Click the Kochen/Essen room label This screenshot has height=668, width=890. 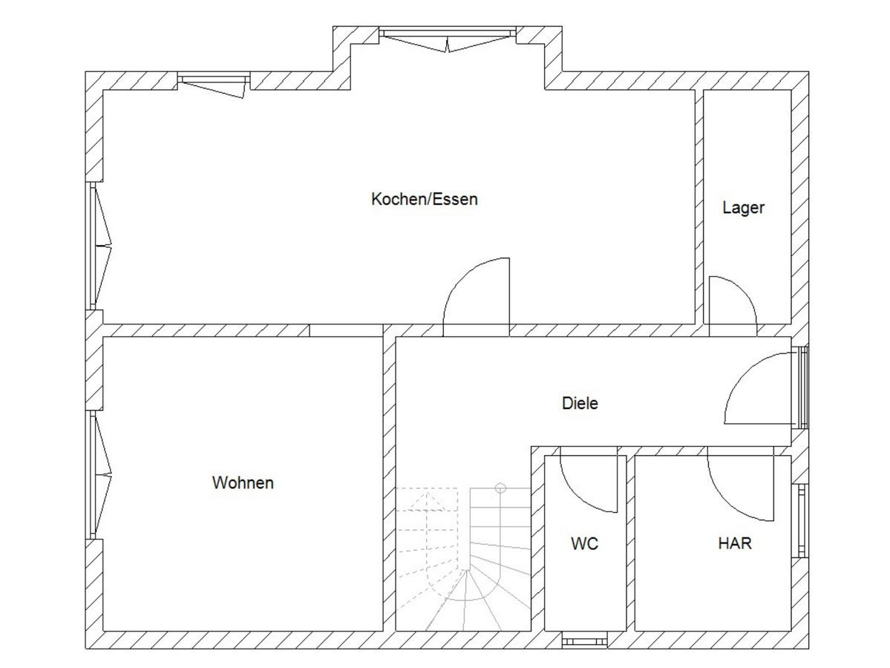[424, 199]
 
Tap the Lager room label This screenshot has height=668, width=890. [743, 208]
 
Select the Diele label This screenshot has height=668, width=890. [580, 403]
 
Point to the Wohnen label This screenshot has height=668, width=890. [243, 482]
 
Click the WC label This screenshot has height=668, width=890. [584, 544]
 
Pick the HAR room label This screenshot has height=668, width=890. [734, 543]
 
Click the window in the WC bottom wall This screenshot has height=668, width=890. [585, 642]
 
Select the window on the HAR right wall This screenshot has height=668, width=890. [801, 520]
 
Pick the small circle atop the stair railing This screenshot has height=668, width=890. [500, 488]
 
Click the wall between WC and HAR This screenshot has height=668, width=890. [631, 543]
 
